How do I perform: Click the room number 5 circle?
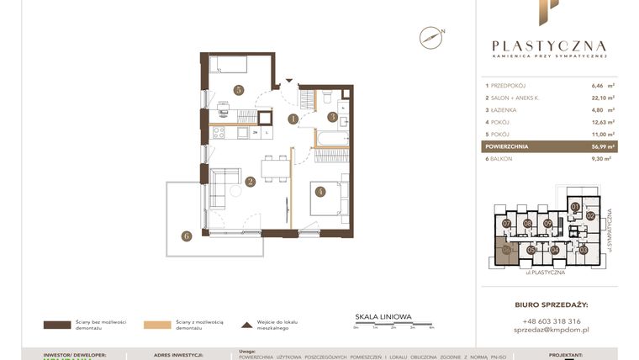pos(239,89)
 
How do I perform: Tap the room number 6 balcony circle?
pos(186,236)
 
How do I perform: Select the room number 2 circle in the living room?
pos(250,181)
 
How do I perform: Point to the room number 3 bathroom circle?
pos(332,117)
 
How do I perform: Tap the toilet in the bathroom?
pos(326,98)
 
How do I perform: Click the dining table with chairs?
pos(274,168)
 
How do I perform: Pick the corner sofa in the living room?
pos(224,187)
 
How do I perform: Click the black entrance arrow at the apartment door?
pos(289,82)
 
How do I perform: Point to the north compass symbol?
pos(431,37)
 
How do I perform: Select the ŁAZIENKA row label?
pos(504,110)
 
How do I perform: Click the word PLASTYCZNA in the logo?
pos(548,46)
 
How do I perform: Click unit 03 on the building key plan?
pos(584,249)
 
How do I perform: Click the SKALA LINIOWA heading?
pos(383,317)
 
